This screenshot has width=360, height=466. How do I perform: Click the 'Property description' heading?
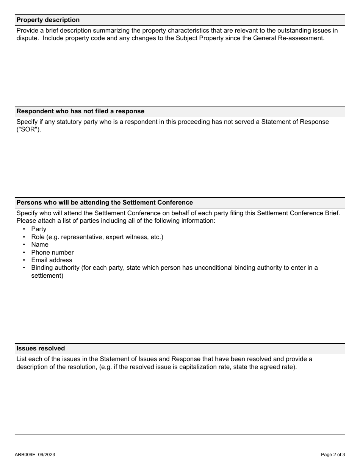pyautogui.click(x=48, y=20)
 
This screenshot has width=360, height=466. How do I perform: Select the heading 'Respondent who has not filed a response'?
pyautogui.click(x=80, y=111)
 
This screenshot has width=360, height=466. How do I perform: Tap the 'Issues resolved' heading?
pyautogui.click(x=41, y=349)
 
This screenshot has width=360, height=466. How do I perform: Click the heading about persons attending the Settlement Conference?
pyautogui.click(x=105, y=203)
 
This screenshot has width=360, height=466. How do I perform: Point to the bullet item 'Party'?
pyautogui.click(x=39, y=229)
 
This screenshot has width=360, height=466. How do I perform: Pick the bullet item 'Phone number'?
pyautogui.click(x=52, y=252)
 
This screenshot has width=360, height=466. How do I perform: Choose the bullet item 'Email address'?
pyautogui.click(x=52, y=260)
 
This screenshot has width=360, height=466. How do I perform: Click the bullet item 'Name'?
pyautogui.click(x=40, y=245)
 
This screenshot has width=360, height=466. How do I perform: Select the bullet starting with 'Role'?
pyautogui.click(x=97, y=237)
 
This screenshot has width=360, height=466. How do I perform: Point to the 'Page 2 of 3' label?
pyautogui.click(x=333, y=455)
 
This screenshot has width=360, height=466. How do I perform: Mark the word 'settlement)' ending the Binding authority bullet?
pyautogui.click(x=47, y=276)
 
